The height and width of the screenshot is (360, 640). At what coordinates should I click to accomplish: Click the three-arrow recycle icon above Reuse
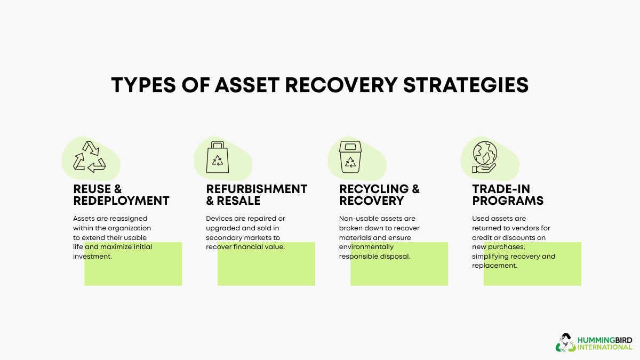tap(89, 157)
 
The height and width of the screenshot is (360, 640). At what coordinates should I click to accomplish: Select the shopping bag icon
tap(218, 157)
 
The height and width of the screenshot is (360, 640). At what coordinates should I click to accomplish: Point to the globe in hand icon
tap(484, 156)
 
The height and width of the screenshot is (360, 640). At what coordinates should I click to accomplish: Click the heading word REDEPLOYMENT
tap(121, 201)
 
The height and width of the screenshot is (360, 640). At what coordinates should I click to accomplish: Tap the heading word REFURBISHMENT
tap(257, 189)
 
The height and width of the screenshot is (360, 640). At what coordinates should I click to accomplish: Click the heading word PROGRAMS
tap(508, 201)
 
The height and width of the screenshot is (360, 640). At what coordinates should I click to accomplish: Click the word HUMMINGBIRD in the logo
tap(605, 339)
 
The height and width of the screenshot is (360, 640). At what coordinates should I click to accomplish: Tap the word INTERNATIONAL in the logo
tap(605, 347)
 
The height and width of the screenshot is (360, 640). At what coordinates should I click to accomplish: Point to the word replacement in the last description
tap(494, 266)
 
